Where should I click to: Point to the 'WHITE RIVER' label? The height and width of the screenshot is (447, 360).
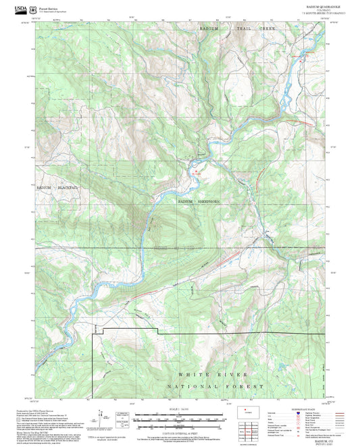214,374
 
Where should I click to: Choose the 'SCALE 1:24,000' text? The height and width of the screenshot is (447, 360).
178,408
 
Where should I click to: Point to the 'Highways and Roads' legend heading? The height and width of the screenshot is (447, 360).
297,409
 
